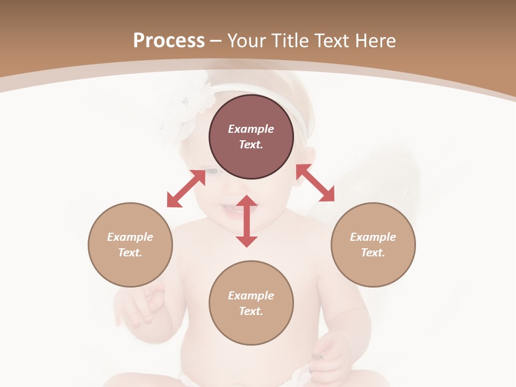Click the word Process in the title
tap(169, 40)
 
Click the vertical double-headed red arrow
tap(247, 221)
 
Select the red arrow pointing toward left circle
tap(186, 189)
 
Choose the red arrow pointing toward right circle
tap(316, 183)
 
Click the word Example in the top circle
tap(251, 129)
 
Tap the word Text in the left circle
tap(130, 253)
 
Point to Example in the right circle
tap(373, 237)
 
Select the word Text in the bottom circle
tap(250, 311)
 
